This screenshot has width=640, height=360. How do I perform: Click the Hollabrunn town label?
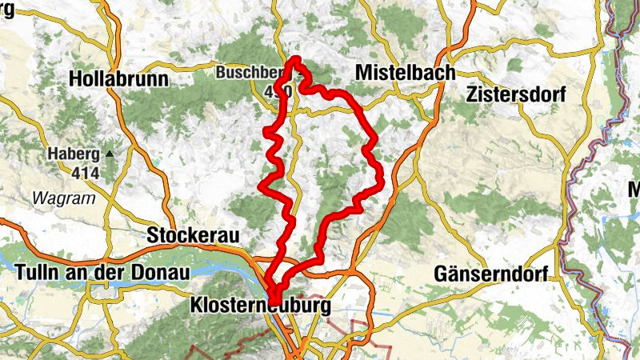pyautogui.click(x=118, y=79)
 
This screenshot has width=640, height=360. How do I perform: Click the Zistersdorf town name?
pyautogui.click(x=515, y=94)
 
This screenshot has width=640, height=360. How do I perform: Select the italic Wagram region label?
pyautogui.click(x=63, y=198)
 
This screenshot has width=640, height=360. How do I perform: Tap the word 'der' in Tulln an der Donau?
pyautogui.click(x=117, y=273)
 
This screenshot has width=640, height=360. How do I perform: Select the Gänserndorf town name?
pyautogui.click(x=490, y=274)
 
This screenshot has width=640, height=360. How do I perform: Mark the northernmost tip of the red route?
pyautogui.click(x=295, y=60)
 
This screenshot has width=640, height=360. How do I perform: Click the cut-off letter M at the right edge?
pyautogui.click(x=634, y=190)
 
